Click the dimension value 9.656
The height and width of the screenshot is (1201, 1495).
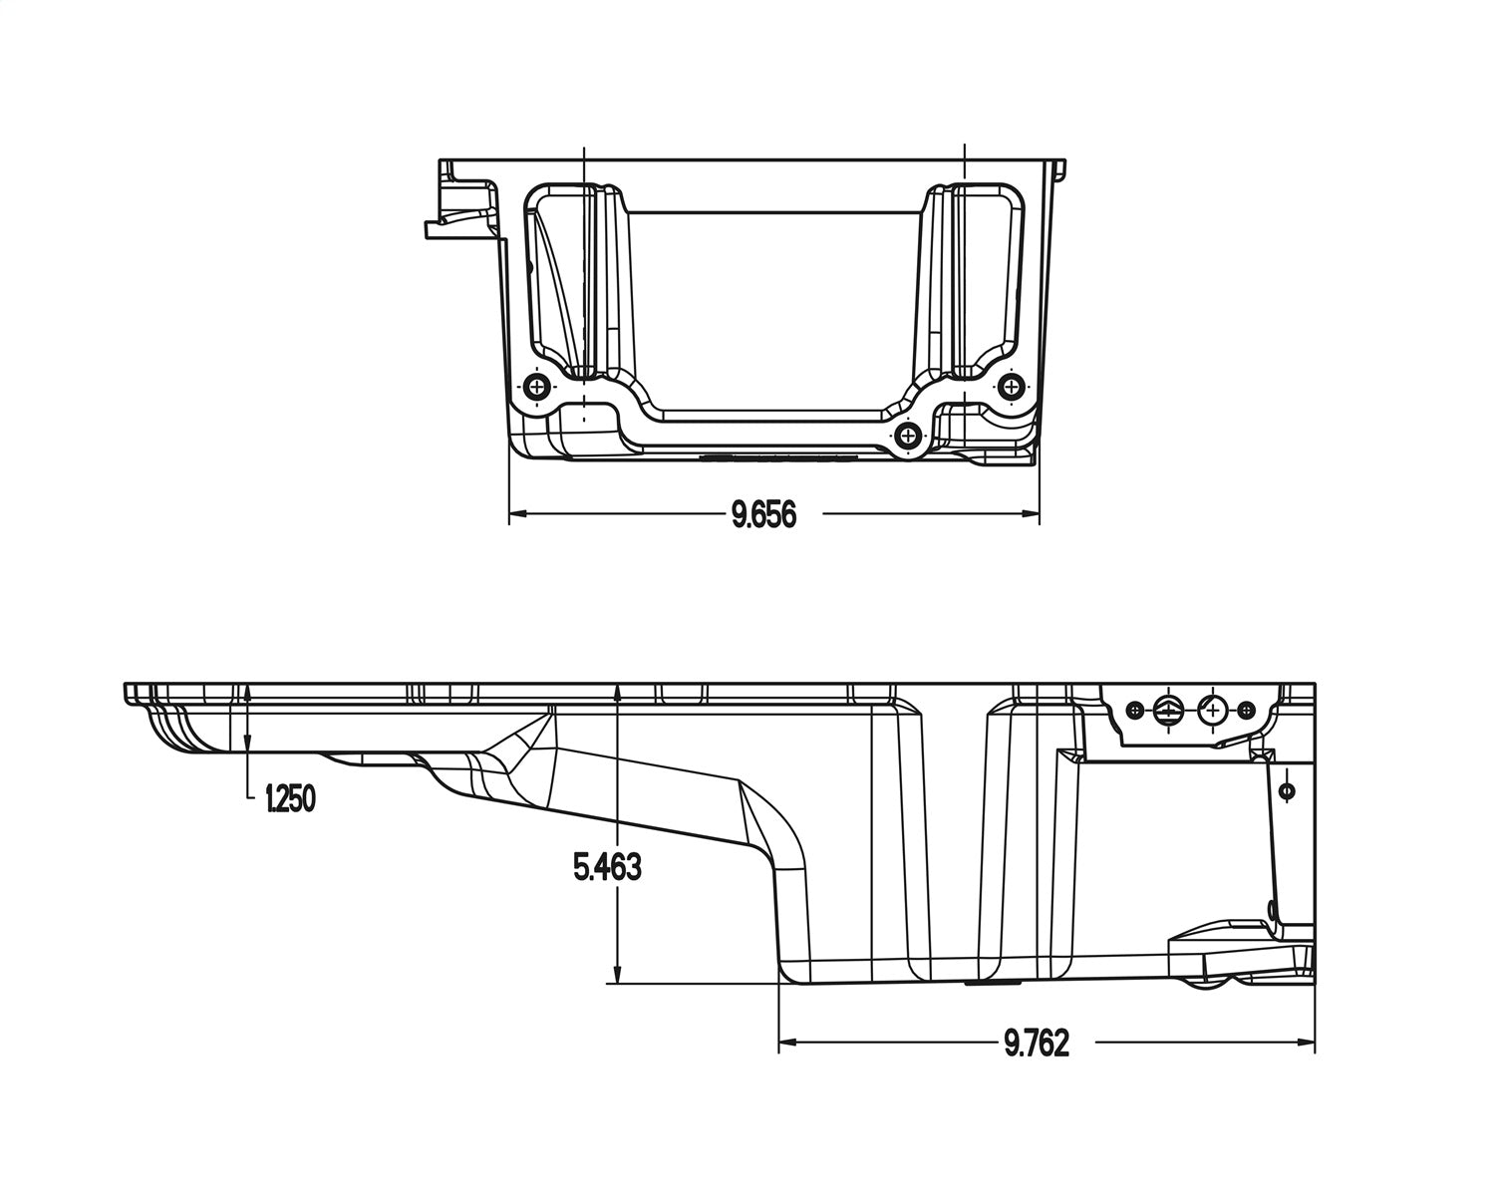[x=763, y=515]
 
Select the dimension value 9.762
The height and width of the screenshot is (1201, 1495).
[x=1037, y=1044]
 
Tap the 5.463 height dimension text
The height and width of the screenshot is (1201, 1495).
[x=607, y=868]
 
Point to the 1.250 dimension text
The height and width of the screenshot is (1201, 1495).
[x=290, y=798]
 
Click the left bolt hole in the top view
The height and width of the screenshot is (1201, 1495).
[x=538, y=387]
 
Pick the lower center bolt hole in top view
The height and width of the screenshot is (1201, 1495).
[x=908, y=435]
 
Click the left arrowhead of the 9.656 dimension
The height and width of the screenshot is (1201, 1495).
[x=517, y=514]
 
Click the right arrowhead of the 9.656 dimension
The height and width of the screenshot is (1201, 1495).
[x=1032, y=514]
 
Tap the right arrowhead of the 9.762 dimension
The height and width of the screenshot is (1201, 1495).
[x=1309, y=1043]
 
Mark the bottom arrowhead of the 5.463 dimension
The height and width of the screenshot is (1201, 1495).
[x=618, y=976]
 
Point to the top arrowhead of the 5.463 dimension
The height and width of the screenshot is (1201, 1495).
[x=618, y=691]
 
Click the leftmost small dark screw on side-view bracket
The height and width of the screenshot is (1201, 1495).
[x=1133, y=710]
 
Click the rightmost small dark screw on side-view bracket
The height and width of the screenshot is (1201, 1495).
[x=1246, y=710]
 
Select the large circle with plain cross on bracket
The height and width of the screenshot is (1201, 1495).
[x=1212, y=710]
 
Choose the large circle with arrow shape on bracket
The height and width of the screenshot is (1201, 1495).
[x=1168, y=710]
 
